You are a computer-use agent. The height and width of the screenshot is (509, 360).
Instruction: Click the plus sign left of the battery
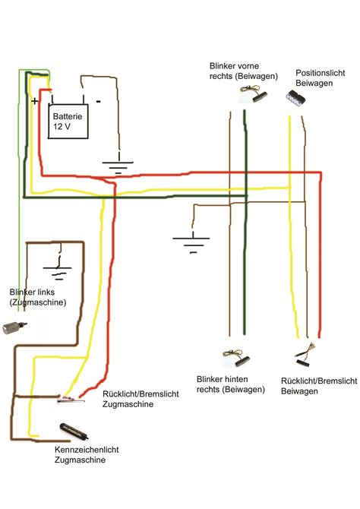(34, 100)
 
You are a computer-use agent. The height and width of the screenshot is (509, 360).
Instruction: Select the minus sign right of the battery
(99, 100)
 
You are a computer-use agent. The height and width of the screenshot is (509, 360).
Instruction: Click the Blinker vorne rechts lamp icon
(250, 96)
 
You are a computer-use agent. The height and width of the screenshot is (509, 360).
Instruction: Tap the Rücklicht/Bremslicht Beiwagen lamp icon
(307, 353)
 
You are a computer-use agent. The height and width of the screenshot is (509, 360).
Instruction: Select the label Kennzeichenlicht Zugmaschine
(87, 456)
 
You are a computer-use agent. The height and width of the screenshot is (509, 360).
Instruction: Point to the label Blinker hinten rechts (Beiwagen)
(230, 384)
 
